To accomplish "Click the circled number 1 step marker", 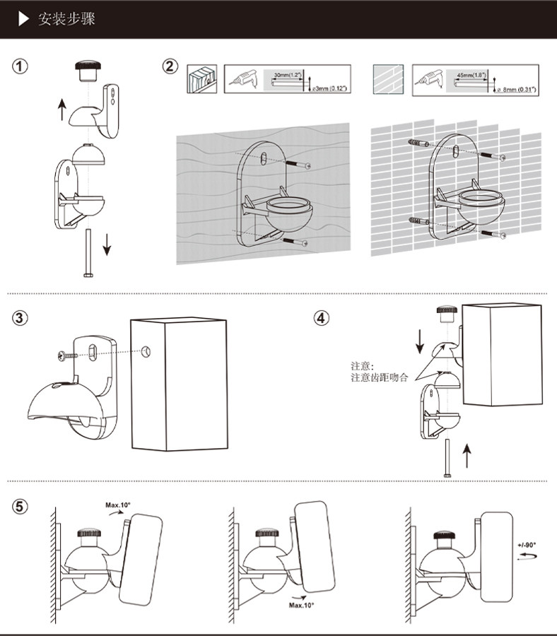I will [x=20, y=67].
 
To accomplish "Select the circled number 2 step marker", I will [x=170, y=67].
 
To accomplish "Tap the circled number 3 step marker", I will [x=20, y=318].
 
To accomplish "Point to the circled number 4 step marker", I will [x=321, y=318].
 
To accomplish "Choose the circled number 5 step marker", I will [x=20, y=507].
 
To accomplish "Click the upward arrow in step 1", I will [x=61, y=110].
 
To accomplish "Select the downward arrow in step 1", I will [x=107, y=244].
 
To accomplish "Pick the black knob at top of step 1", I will [x=88, y=70].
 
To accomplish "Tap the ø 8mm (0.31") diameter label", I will [x=515, y=90].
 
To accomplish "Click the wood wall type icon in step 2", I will [x=199, y=79].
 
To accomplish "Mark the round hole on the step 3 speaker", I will [x=146, y=351].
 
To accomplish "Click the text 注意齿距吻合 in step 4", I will [x=380, y=378].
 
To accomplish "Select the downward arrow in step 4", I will [x=419, y=341].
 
